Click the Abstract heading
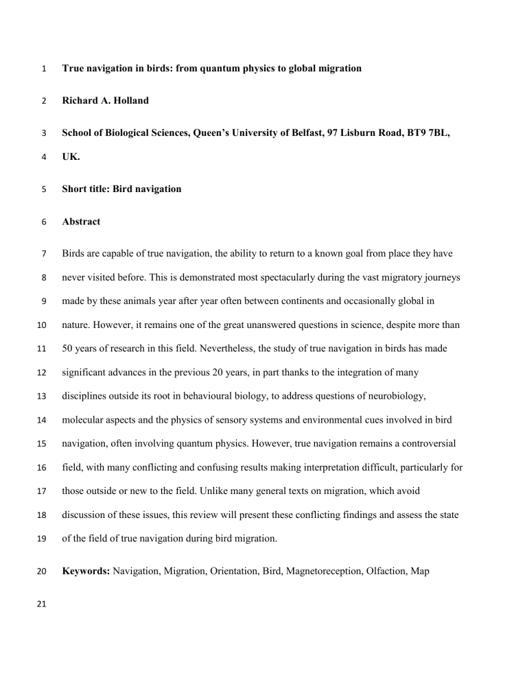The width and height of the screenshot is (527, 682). tap(82, 222)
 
